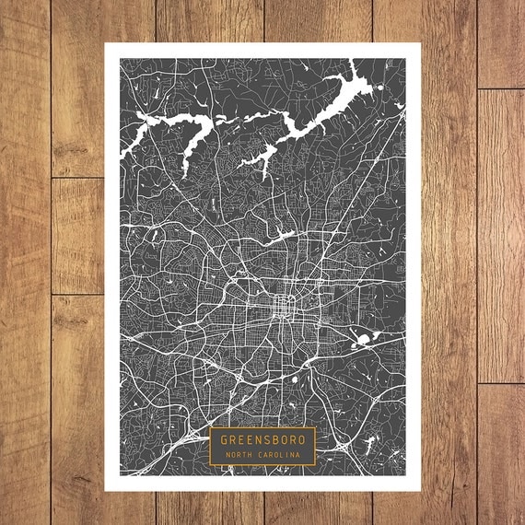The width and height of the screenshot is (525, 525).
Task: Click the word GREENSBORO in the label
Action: click(262, 439)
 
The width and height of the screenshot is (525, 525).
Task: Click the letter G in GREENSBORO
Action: click(224, 439)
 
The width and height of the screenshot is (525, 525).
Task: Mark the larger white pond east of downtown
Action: click(362, 341)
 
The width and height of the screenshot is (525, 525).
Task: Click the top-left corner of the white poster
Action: click(105, 43)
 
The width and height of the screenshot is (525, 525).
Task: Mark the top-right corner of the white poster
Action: click(420, 43)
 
